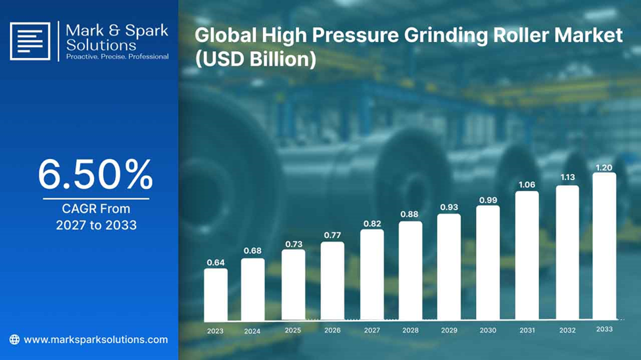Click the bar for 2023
click(216, 294)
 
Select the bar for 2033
click(604, 246)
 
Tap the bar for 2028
click(410, 271)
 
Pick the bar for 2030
click(488, 263)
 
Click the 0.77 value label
click(333, 235)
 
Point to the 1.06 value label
click(527, 185)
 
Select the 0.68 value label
click(252, 251)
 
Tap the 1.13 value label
click(567, 177)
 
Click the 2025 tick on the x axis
click(293, 330)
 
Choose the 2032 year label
click(567, 330)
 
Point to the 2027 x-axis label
click(372, 330)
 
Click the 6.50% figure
click(96, 175)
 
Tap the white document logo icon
click(30, 41)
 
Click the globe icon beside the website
click(14, 340)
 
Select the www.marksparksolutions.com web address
click(96, 340)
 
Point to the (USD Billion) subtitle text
click(256, 60)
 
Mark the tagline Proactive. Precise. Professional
click(117, 56)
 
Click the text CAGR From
click(96, 209)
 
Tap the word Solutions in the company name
click(101, 45)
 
